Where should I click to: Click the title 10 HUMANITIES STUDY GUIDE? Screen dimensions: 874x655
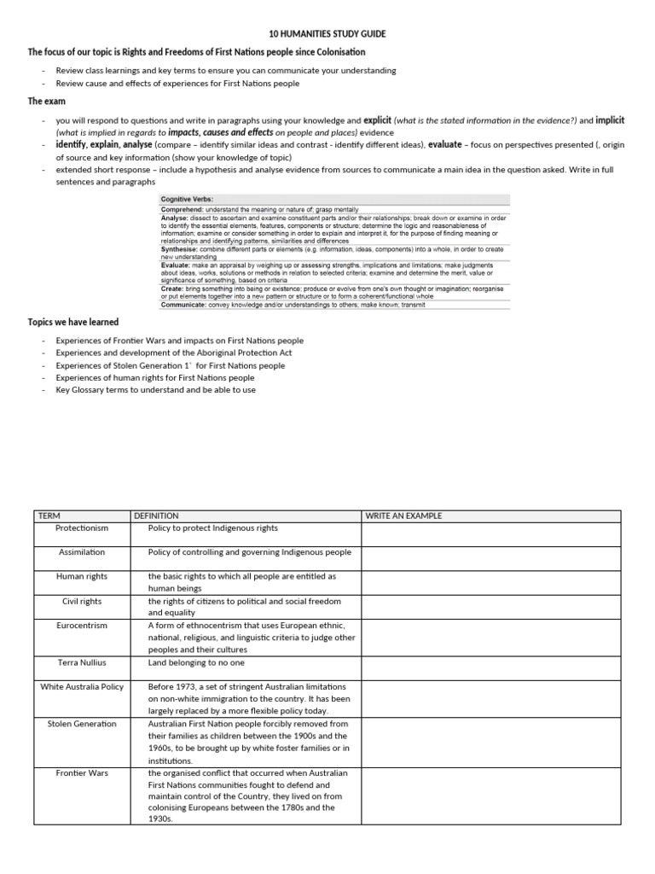327,34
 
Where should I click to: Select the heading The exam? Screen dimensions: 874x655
47,101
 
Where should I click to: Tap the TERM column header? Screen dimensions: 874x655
50,516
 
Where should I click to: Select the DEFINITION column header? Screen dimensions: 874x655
156,516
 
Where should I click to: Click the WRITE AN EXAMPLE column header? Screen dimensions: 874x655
403,516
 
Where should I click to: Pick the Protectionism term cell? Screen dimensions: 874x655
82,528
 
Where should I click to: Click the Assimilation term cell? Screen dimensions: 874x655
82,552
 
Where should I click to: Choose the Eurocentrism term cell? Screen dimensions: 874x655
82,625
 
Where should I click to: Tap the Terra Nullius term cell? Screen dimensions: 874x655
82,662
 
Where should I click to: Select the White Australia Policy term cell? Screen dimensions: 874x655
82,686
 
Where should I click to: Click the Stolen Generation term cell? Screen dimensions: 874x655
82,723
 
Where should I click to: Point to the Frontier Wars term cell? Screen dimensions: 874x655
82,772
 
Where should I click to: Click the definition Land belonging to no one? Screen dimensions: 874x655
196,662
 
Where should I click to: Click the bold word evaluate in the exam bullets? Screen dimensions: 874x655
444,145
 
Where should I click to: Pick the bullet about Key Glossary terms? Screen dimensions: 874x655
155,389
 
